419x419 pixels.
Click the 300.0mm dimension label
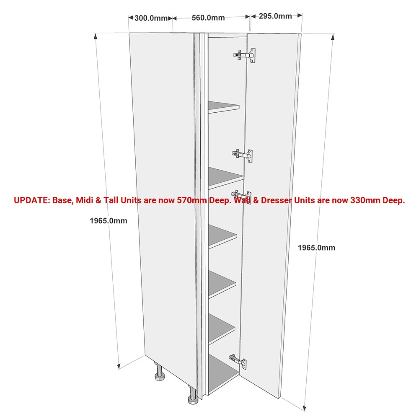click(151, 18)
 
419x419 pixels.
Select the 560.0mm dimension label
click(208, 18)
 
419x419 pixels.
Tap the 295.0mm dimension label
click(275, 16)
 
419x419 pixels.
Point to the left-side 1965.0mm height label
click(108, 221)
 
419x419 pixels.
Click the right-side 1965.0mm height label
click(316, 248)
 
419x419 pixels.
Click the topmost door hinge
click(245, 55)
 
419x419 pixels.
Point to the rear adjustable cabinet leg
click(160, 371)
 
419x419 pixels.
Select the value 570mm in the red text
click(192, 200)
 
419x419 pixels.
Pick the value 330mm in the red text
click(365, 200)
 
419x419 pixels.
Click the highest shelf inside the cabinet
click(224, 107)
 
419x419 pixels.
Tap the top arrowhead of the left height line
click(96, 36)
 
